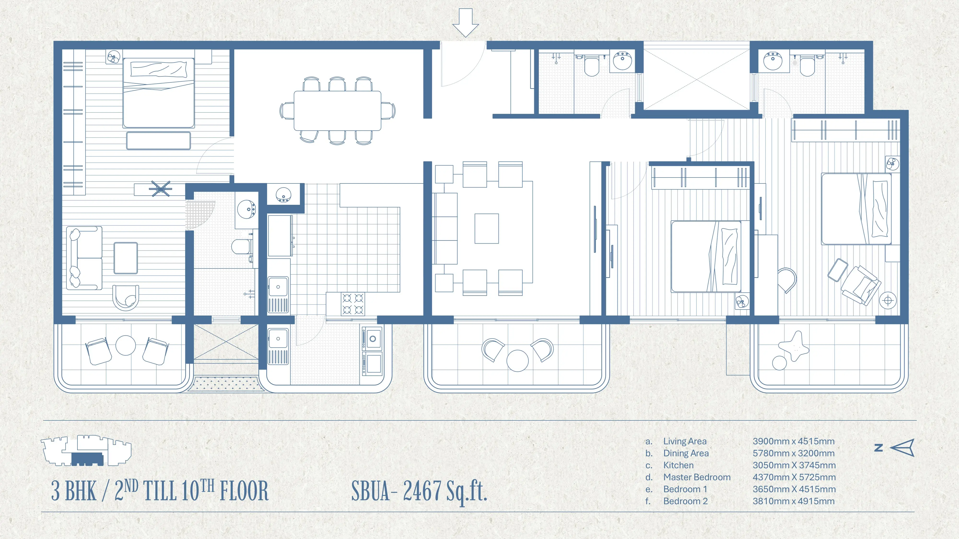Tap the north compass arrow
coord(902,447)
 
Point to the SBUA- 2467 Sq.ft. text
coord(419,491)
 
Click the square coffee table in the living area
coord(487,228)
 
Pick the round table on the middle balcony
coord(517,361)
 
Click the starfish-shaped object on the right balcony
coord(794,347)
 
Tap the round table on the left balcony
coord(125,345)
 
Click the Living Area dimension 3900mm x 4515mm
coord(793,441)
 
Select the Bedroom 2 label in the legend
coord(685,501)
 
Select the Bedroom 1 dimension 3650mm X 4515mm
coord(794,489)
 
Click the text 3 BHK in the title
coord(74,491)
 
